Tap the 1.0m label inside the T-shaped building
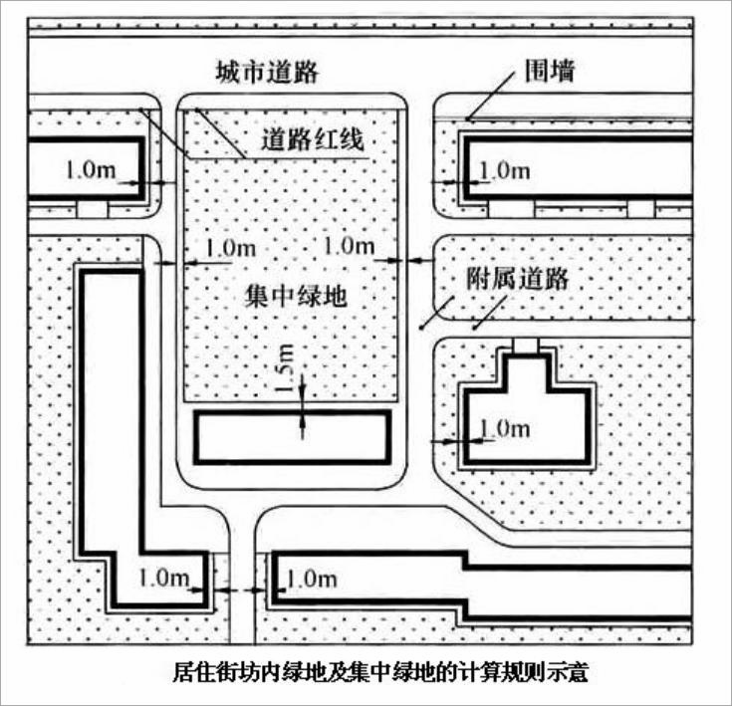click(504, 428)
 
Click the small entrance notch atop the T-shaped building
click(525, 346)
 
